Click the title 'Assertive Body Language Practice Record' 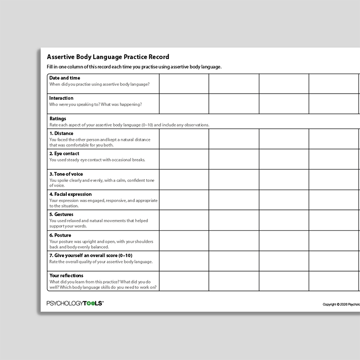click(x=108, y=57)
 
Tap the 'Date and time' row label click(x=65, y=78)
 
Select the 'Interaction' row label click(x=61, y=98)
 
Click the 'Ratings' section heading click(x=58, y=119)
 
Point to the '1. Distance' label click(x=61, y=133)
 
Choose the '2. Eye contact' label click(x=64, y=154)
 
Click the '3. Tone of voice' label click(x=67, y=174)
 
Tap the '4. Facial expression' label click(x=71, y=194)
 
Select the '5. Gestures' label click(x=61, y=215)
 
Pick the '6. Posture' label click(x=60, y=235)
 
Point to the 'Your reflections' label click(x=66, y=276)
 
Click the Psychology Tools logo click(x=75, y=303)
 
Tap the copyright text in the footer click(x=341, y=304)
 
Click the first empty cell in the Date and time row click(x=184, y=84)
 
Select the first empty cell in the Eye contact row click(x=184, y=159)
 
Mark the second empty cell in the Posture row click(x=234, y=240)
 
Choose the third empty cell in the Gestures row click(x=284, y=220)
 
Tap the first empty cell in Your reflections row click(x=184, y=281)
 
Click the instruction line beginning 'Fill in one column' click(x=134, y=67)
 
